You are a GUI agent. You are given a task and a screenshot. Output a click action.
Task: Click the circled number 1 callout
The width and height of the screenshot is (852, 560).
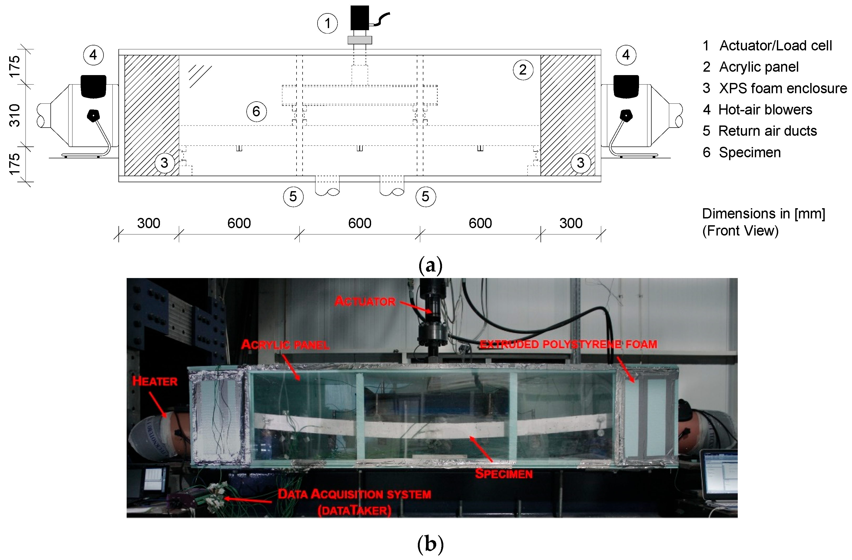327,24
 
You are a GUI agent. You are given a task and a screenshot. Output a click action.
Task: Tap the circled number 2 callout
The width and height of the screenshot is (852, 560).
523,70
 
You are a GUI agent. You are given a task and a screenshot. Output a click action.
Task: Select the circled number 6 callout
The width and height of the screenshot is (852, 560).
256,111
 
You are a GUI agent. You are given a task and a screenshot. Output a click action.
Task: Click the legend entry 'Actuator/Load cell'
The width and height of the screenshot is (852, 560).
775,46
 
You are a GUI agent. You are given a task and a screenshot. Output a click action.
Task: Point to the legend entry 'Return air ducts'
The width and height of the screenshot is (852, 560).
767,131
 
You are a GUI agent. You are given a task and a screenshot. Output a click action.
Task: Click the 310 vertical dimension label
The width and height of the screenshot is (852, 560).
15,115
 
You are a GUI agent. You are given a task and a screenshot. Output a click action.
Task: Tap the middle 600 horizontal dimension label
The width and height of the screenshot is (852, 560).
360,223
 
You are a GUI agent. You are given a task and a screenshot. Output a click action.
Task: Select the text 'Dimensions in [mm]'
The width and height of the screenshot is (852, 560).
763,214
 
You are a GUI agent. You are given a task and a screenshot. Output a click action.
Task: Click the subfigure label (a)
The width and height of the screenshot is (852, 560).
430,265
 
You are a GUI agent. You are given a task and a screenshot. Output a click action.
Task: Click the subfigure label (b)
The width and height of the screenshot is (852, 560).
430,544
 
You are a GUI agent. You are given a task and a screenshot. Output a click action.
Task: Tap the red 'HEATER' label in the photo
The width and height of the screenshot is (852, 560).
155,381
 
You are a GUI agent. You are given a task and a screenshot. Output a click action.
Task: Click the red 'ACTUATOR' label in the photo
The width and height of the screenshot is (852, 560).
365,301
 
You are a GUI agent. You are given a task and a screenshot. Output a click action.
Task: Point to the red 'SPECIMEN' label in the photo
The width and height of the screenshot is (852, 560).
504,474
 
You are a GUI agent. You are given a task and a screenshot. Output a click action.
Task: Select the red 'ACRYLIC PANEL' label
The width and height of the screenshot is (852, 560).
285,345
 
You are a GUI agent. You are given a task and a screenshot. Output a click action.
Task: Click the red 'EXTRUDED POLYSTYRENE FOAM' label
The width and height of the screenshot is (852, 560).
568,344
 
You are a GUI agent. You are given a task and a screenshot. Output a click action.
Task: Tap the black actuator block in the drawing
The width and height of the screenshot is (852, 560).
359,18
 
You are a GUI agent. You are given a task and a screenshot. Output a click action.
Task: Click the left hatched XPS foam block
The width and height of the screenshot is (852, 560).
152,115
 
